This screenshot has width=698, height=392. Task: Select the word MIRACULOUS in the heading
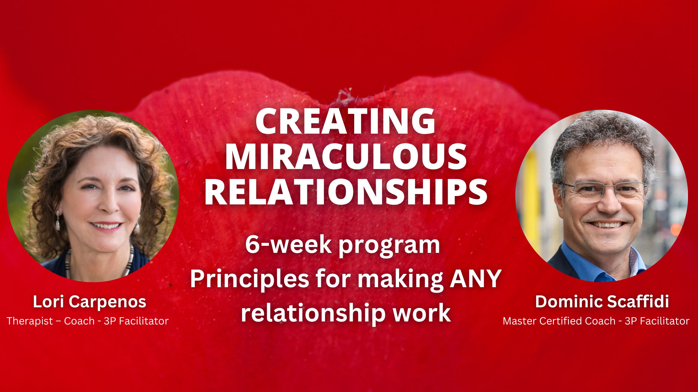coord(346,156)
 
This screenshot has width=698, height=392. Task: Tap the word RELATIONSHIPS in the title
coord(346,191)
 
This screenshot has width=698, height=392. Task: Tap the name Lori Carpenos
coord(89,302)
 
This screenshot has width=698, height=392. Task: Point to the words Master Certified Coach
coord(559,321)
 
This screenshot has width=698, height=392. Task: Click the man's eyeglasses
coord(604,191)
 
